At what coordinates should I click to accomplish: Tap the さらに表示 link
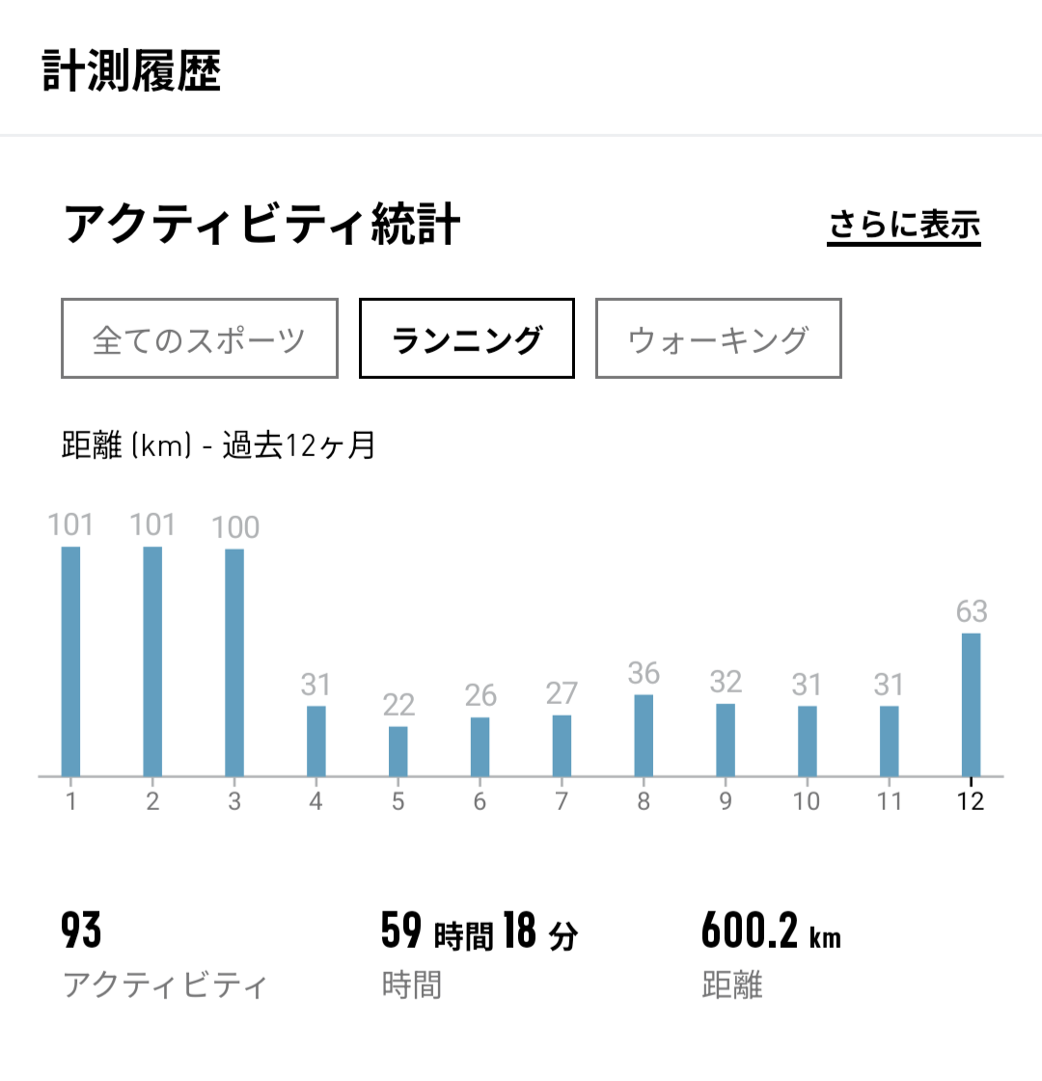(x=904, y=226)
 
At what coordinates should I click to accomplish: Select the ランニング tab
(x=467, y=338)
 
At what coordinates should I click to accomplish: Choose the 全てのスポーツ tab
(x=200, y=338)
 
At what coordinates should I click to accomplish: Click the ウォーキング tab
(x=718, y=338)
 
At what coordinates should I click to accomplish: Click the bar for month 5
(x=398, y=751)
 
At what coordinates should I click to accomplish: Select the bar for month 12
(x=971, y=704)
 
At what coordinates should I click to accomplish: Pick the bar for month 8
(x=644, y=735)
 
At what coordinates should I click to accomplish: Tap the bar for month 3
(x=234, y=662)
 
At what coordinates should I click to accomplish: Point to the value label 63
(x=972, y=611)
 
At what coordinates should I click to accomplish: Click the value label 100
(x=235, y=527)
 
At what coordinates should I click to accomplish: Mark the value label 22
(x=398, y=705)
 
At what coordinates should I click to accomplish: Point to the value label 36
(x=644, y=673)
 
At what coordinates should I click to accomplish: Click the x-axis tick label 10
(x=807, y=801)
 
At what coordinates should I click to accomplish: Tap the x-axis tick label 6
(x=480, y=801)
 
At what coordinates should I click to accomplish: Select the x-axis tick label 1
(x=70, y=801)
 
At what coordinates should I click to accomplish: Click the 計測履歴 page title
(x=132, y=71)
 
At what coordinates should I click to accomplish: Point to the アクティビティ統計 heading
(x=262, y=225)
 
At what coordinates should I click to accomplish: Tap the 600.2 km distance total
(x=770, y=932)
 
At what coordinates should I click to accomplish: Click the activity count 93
(x=81, y=931)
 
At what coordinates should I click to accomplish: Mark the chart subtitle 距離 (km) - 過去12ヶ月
(x=218, y=446)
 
